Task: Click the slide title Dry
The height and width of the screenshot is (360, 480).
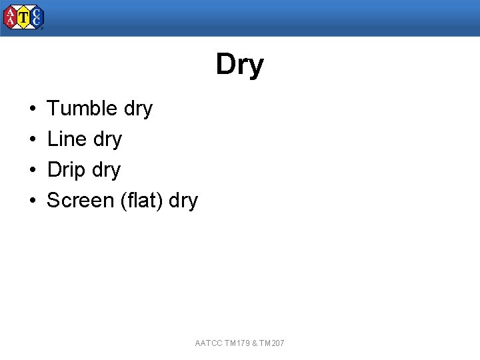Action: point(239,65)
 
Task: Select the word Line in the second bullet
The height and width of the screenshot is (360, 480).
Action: point(67,139)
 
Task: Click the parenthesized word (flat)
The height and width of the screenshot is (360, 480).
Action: point(142,200)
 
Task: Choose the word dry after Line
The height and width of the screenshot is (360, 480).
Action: point(108,139)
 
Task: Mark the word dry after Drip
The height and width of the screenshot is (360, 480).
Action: point(107,170)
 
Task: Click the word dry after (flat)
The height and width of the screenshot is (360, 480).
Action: point(184,201)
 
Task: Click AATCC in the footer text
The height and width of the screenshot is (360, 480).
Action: point(209,343)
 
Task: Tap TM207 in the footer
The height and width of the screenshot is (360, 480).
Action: point(272,343)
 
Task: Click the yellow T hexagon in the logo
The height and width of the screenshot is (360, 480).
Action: point(23,18)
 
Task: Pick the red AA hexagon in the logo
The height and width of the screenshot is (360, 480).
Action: point(11,18)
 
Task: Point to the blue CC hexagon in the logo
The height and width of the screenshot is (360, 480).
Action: point(36,18)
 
